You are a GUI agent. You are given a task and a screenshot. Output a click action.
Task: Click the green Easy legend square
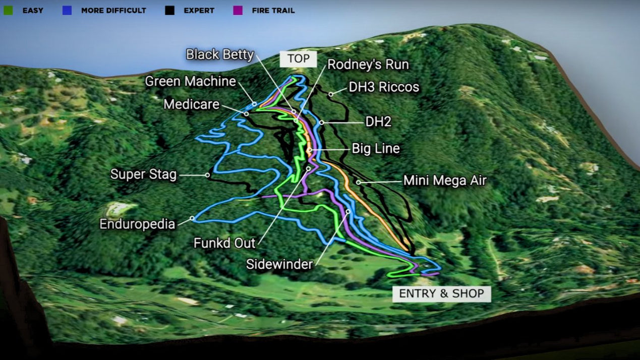click(8, 10)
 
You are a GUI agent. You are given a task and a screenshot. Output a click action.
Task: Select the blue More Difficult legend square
click(67, 10)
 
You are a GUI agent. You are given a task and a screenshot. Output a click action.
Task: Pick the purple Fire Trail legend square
click(238, 10)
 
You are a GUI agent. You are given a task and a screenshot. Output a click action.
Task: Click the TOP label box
click(298, 59)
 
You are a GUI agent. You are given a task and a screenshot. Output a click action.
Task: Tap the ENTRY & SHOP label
click(441, 293)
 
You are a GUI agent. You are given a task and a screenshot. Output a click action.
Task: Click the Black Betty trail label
click(219, 54)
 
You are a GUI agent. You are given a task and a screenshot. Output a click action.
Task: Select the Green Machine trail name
click(191, 81)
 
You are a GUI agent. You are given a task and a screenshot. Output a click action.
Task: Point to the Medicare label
click(192, 104)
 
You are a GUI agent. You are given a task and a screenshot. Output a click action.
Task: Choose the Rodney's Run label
click(368, 65)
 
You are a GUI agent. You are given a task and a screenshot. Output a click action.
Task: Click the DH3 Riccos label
click(384, 87)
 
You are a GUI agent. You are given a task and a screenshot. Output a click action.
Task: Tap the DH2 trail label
click(378, 122)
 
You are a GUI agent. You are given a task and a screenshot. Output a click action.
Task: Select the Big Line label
click(376, 149)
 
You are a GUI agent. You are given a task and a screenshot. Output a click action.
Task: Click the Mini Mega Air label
click(445, 180)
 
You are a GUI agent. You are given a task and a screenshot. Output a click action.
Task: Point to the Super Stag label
click(143, 174)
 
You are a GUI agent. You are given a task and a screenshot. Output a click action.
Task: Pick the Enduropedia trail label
click(137, 224)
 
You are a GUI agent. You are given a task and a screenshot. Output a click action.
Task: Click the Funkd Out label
click(224, 243)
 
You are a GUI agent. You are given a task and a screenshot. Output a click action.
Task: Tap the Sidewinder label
click(279, 264)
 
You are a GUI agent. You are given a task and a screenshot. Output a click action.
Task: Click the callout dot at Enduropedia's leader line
click(192, 218)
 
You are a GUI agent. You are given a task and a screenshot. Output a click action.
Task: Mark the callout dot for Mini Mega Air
click(358, 182)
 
